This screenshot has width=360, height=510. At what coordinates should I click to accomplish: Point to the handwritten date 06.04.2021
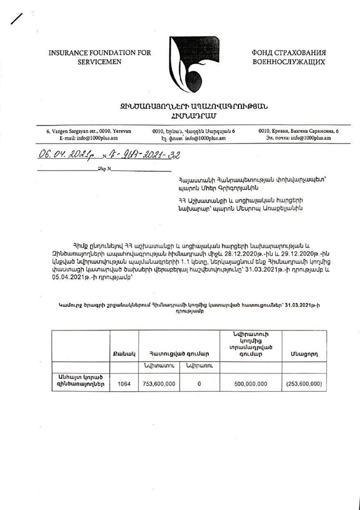point(63,155)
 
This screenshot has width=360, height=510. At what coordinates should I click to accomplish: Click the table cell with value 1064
point(124,383)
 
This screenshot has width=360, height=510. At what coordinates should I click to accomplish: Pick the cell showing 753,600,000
point(160,383)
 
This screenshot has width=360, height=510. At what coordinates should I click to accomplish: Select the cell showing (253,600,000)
point(304,383)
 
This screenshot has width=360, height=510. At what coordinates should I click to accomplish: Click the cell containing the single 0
point(199,383)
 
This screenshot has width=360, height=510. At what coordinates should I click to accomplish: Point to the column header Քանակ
point(124,354)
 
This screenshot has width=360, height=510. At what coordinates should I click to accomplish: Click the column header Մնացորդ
point(304,354)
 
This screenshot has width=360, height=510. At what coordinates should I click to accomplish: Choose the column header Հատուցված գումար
point(179,354)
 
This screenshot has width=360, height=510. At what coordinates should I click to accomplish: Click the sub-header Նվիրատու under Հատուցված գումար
point(160,366)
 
